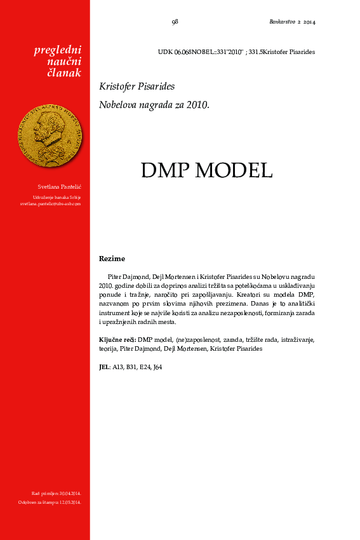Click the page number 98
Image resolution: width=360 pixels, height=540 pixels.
click(x=175, y=22)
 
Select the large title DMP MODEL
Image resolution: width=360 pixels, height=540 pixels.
click(x=206, y=170)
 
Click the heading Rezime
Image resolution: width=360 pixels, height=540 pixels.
click(x=112, y=259)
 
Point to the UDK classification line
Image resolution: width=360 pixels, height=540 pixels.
click(x=236, y=51)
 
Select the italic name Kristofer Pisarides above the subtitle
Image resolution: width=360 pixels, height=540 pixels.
click(x=137, y=86)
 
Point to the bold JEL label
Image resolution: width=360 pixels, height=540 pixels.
click(x=105, y=367)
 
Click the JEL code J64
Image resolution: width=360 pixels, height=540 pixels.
click(x=157, y=367)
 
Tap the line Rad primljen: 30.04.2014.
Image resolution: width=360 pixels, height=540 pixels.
click(x=56, y=493)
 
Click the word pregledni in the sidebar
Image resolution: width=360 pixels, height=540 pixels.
click(x=58, y=50)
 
